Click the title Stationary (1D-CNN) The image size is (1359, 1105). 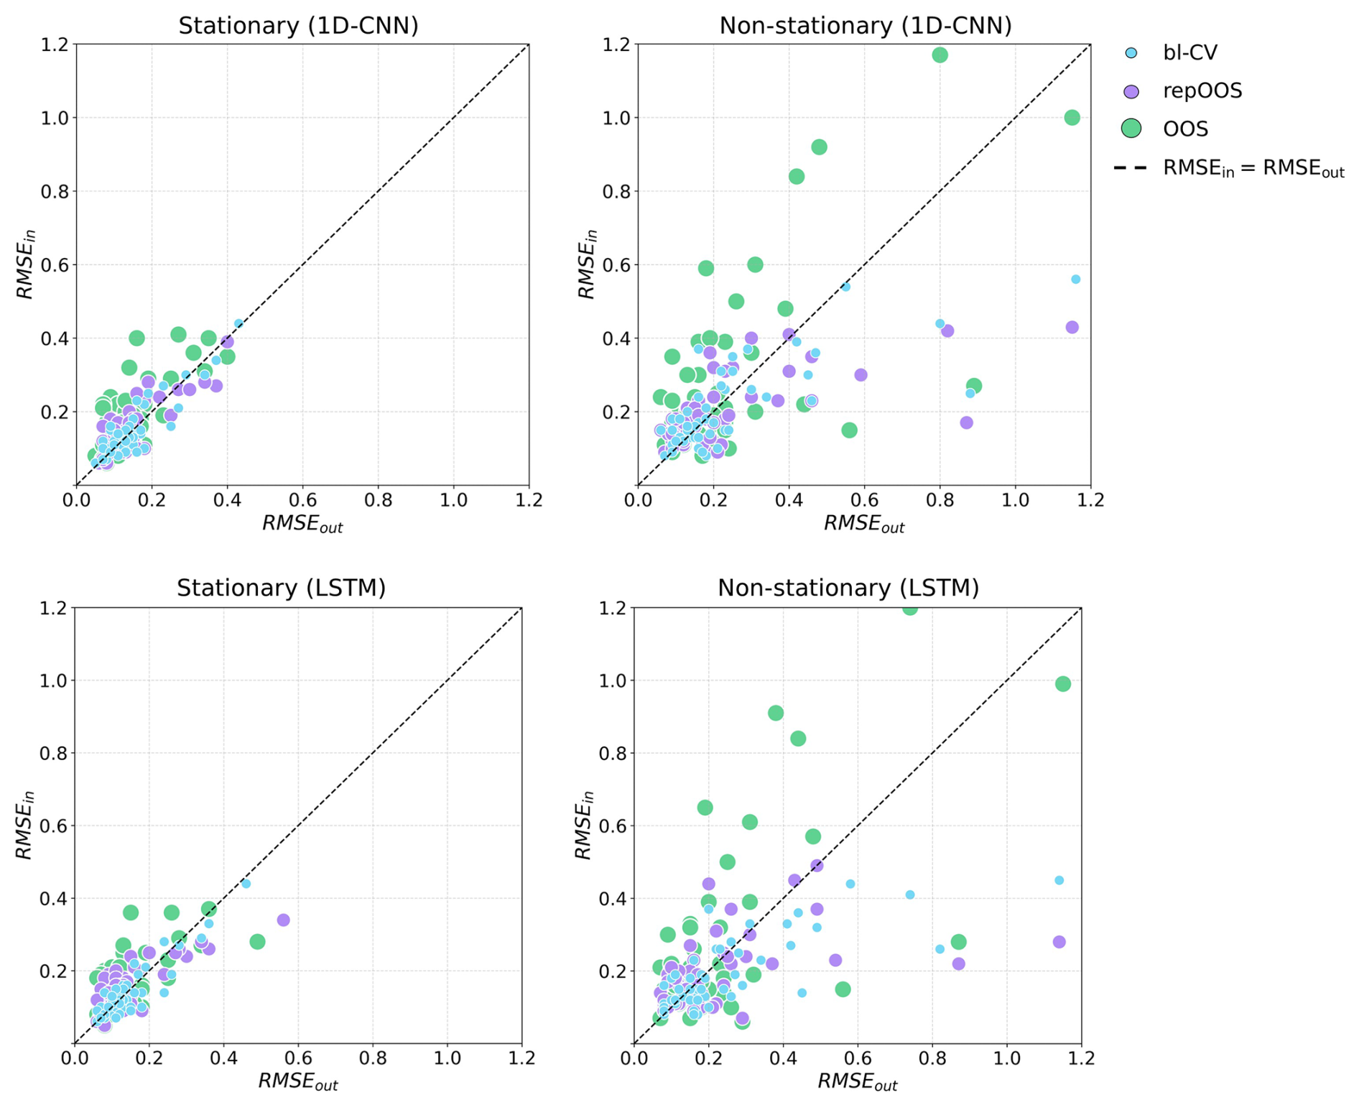coord(298,26)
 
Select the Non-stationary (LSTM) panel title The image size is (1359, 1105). coord(848,588)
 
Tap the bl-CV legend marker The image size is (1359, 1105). coord(1131,52)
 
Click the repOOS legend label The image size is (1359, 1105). coord(1202,91)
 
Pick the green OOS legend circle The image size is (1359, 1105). coord(1131,129)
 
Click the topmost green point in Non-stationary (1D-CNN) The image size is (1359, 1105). coord(940,55)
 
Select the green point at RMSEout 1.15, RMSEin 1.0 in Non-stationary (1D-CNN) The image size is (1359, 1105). coord(1072,118)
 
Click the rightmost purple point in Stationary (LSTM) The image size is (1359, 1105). coord(283,920)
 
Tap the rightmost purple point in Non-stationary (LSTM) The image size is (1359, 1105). coord(1059,941)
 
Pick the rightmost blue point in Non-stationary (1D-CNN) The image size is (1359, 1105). coord(1075,279)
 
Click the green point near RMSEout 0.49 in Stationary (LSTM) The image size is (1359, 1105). coord(257,941)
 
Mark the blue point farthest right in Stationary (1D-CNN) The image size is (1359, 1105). coord(238,324)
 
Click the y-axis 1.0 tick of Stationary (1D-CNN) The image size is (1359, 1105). coord(57,118)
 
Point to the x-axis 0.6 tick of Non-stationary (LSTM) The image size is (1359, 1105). coord(857,1058)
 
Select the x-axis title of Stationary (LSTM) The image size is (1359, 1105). coord(297,1081)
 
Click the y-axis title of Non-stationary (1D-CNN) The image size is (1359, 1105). coord(588,264)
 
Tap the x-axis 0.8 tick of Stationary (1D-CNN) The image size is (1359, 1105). coord(378,500)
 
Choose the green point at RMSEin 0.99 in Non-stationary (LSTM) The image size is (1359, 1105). coord(1062,684)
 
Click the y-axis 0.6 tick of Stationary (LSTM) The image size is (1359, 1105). coord(55,826)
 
